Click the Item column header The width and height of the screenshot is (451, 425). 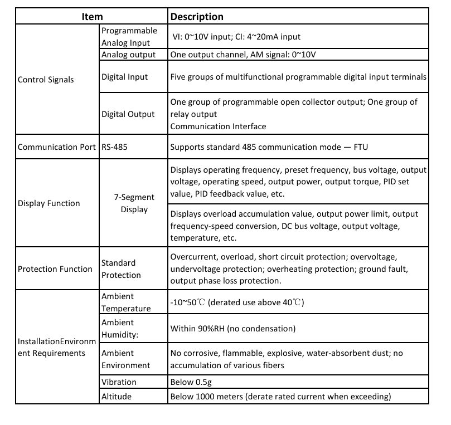[x=92, y=17]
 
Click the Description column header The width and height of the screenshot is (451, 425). [x=197, y=17]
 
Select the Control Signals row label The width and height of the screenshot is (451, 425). [x=46, y=79]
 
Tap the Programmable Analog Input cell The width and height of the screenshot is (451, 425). [x=129, y=36]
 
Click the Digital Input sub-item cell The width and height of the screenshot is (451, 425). [x=125, y=76]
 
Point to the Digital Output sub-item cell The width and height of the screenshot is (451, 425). [x=128, y=114]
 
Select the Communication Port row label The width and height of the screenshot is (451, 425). [x=57, y=148]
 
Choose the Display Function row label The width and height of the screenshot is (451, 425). [x=49, y=203]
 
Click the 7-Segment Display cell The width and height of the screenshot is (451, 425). [x=134, y=203]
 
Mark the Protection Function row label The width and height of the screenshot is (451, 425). [x=55, y=269]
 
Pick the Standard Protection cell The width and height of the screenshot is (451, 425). [x=121, y=268]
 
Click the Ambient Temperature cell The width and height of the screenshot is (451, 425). [x=126, y=302]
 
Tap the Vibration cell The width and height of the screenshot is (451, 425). [x=119, y=382]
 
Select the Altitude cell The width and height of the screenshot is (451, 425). [x=117, y=397]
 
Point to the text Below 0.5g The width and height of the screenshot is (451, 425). [x=191, y=382]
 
